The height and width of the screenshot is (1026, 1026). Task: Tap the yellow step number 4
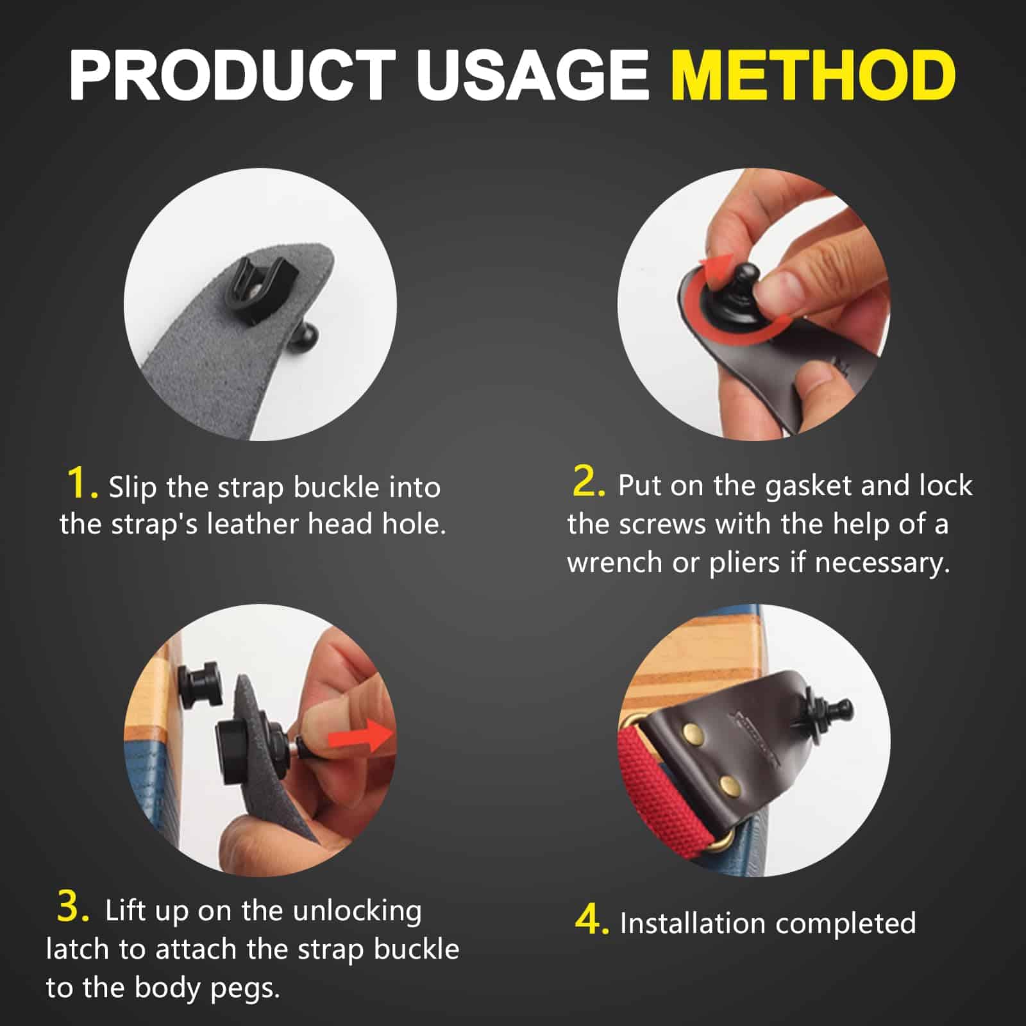point(590,921)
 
